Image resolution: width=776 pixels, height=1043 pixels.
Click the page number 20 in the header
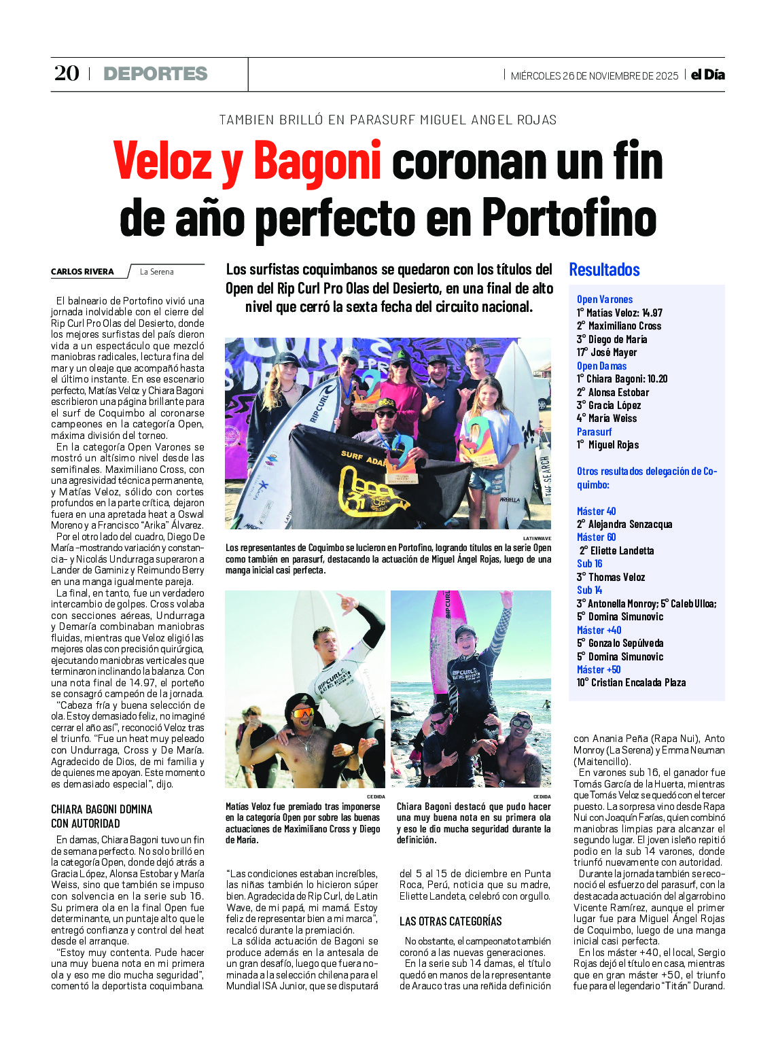[67, 73]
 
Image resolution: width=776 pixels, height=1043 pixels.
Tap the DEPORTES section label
[156, 73]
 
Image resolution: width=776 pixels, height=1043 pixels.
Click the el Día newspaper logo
[708, 75]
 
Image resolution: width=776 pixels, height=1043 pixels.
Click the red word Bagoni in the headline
[317, 162]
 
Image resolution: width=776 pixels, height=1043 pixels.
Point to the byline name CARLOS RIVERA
[82, 272]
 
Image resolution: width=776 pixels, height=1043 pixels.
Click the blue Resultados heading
[604, 270]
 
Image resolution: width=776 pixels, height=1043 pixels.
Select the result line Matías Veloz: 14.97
[620, 313]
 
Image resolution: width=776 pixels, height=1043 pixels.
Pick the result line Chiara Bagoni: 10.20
[622, 378]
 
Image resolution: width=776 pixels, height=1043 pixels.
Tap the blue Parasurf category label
[594, 431]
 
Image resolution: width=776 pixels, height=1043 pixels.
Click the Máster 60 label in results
[596, 537]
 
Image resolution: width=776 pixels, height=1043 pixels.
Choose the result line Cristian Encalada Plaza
[631, 682]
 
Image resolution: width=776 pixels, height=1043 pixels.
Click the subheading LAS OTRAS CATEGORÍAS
[451, 921]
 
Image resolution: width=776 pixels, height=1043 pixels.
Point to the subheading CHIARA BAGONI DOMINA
[102, 809]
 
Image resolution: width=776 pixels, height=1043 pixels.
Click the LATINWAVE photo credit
[537, 537]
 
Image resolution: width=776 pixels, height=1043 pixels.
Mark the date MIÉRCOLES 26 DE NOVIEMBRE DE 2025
[594, 75]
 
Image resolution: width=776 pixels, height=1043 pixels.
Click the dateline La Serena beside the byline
[156, 272]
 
